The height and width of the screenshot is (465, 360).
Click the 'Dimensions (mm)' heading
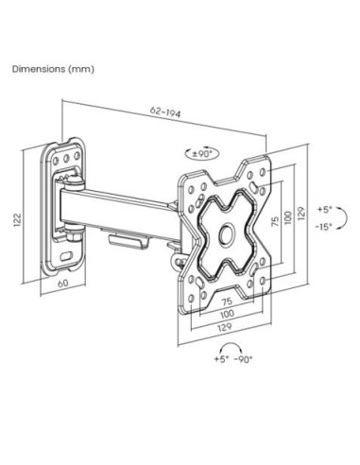click(53, 69)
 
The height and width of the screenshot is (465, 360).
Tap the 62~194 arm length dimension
click(165, 112)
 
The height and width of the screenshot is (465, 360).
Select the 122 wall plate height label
click(17, 220)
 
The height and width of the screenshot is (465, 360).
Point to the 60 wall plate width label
click(63, 283)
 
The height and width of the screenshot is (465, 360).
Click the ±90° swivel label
click(201, 154)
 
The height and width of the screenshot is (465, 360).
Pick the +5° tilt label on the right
click(325, 210)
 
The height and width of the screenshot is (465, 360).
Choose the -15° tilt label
click(324, 226)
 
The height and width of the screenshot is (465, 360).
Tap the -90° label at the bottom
click(244, 359)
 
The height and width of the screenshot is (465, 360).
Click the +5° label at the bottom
click(221, 359)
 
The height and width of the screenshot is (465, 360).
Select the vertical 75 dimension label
click(275, 221)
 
